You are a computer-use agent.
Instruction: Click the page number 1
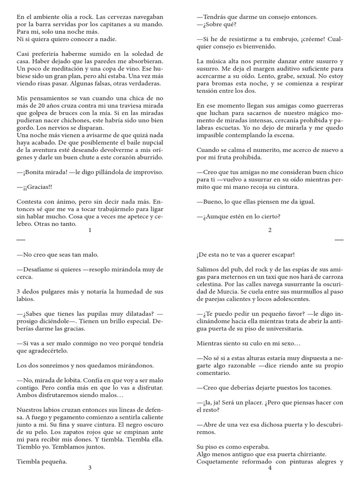(90, 230)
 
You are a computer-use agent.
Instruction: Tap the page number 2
(270, 230)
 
